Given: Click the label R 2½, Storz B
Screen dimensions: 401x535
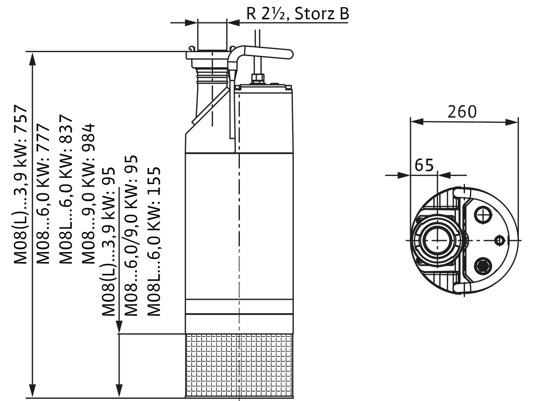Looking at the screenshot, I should coord(298,14).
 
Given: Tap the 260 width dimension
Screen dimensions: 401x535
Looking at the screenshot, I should coord(462,111).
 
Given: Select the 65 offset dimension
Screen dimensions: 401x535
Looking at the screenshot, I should coord(424,165).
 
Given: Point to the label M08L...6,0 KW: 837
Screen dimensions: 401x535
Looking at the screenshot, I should coord(66,189).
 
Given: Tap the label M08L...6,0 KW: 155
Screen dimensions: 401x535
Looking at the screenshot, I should coord(153,241).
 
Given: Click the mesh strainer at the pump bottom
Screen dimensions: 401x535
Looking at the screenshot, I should coord(240,365).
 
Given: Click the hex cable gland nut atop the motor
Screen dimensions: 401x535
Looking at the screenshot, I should coord(258,79).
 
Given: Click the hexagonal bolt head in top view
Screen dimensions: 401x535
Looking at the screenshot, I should coord(483,266).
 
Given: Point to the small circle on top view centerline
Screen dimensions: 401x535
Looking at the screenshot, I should coord(500,241).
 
